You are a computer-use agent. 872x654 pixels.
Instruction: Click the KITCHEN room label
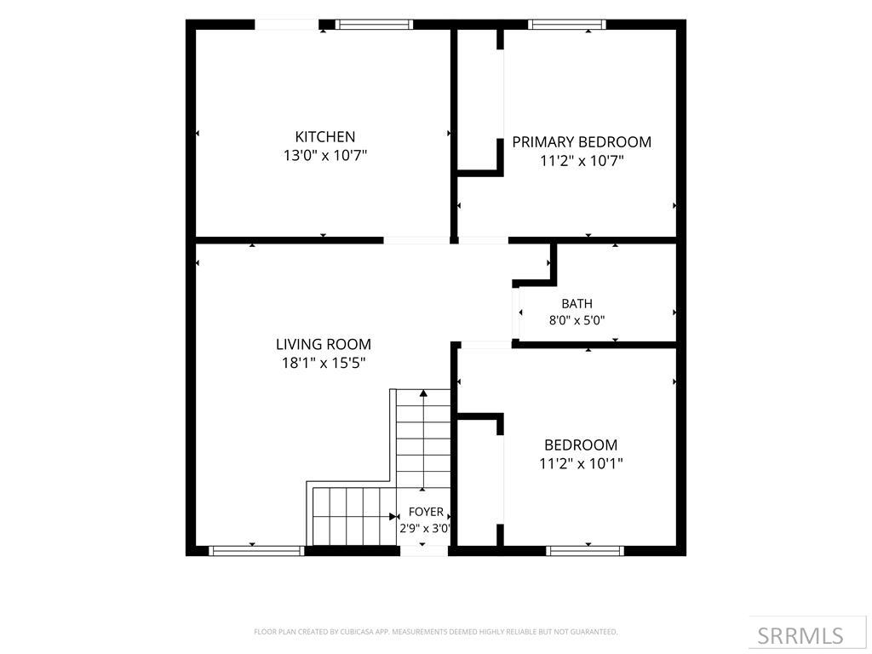[x=324, y=137]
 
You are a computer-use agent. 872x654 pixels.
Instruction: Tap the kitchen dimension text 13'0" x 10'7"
[x=325, y=155]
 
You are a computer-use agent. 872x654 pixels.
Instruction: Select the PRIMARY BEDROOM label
[x=582, y=142]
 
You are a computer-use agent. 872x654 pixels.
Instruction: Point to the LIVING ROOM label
[x=324, y=344]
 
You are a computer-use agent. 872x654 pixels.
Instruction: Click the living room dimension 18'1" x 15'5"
[x=324, y=363]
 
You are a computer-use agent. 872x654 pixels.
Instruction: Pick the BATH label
[x=577, y=304]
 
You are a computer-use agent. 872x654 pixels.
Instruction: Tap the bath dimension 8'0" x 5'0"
[x=577, y=320]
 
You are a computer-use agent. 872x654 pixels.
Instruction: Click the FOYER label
[x=426, y=512]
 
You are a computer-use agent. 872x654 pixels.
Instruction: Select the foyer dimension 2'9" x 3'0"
[x=425, y=528]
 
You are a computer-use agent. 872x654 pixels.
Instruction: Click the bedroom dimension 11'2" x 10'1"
[x=581, y=463]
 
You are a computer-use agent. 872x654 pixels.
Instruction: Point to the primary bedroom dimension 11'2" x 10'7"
[x=582, y=161]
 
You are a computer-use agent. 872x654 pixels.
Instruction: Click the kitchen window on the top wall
[x=374, y=25]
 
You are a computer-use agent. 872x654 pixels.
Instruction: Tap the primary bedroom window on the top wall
[x=566, y=25]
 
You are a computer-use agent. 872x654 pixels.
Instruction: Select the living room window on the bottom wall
[x=256, y=551]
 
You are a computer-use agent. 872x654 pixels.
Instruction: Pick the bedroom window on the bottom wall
[x=584, y=551]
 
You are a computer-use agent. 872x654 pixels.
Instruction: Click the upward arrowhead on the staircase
[x=424, y=393]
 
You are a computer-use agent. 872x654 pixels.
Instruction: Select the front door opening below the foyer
[x=424, y=551]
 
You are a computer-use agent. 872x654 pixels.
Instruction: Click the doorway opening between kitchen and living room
[x=416, y=240]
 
